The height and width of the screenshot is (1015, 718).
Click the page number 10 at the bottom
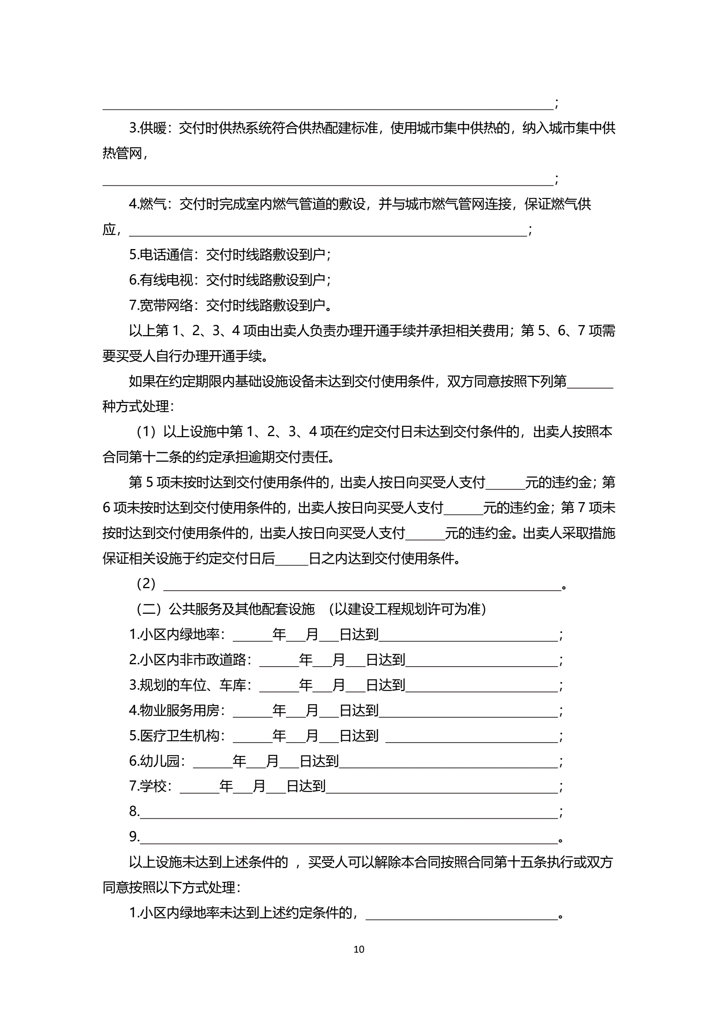[x=358, y=949]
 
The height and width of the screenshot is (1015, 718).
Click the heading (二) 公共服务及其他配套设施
[x=226, y=609]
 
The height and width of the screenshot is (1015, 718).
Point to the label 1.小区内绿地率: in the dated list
[x=177, y=634]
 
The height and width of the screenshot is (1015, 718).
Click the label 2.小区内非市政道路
[x=190, y=660]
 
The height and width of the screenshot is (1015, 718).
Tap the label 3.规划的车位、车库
[x=190, y=685]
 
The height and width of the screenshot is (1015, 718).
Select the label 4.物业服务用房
[x=177, y=710]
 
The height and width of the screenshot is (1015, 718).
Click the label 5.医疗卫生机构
[x=177, y=736]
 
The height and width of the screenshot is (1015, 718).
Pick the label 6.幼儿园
[x=157, y=761]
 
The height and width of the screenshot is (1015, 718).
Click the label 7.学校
[x=150, y=786]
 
